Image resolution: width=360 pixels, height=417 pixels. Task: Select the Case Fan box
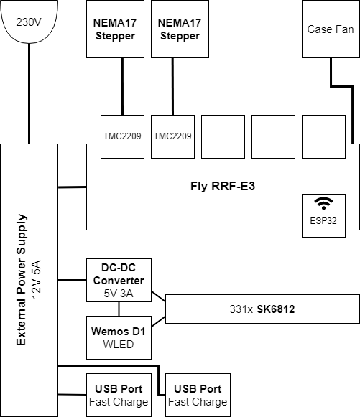pyautogui.click(x=331, y=29)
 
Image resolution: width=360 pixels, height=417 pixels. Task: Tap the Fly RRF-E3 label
pyautogui.click(x=223, y=186)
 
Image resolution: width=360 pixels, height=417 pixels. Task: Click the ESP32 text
pyautogui.click(x=323, y=221)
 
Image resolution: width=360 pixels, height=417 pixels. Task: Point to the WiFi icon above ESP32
pyautogui.click(x=323, y=203)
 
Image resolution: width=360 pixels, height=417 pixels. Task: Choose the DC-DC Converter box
pyautogui.click(x=119, y=280)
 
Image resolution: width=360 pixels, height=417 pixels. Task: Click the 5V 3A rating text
pyautogui.click(x=119, y=294)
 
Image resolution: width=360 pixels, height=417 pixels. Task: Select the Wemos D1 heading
pyautogui.click(x=119, y=332)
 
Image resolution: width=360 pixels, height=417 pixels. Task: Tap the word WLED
pyautogui.click(x=119, y=345)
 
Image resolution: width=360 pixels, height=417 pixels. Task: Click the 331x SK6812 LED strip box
pyautogui.click(x=262, y=309)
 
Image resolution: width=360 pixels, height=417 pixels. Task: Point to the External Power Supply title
pyautogui.click(x=21, y=280)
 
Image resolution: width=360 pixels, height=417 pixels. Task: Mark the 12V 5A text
pyautogui.click(x=36, y=280)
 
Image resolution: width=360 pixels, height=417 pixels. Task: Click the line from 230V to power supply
pyautogui.click(x=29, y=93)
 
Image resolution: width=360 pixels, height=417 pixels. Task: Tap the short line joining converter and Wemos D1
pyautogui.click(x=119, y=309)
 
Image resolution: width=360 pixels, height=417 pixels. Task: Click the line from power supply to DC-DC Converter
pyautogui.click(x=72, y=280)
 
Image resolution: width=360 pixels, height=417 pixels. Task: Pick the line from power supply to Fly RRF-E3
pyautogui.click(x=72, y=187)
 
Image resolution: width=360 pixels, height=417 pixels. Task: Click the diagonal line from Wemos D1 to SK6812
pyautogui.click(x=158, y=322)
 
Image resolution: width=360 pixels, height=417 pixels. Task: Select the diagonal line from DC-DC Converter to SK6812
pyautogui.click(x=158, y=297)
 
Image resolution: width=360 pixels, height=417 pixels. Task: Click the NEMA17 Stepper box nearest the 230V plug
pyautogui.click(x=115, y=29)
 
